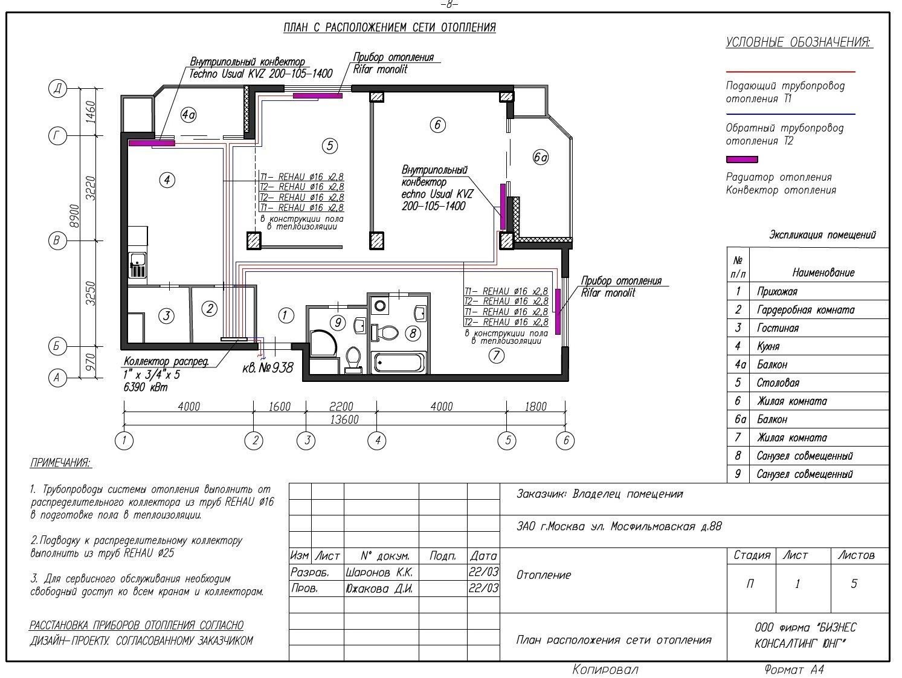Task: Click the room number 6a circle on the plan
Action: (540, 157)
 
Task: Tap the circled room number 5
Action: (330, 146)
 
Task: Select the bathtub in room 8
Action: (399, 363)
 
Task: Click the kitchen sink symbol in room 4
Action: (138, 265)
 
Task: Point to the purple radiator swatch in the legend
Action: (742, 160)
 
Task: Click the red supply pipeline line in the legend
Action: (790, 72)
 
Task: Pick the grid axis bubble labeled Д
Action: (57, 88)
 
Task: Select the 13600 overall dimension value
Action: (344, 419)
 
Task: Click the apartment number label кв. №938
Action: (268, 367)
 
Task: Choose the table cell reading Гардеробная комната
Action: (805, 310)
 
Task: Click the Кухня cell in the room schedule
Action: (768, 346)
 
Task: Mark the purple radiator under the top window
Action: (318, 95)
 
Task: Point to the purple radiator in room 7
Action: (558, 311)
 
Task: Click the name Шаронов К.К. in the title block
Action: (378, 572)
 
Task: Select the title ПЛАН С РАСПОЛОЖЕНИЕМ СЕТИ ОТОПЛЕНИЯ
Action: (390, 28)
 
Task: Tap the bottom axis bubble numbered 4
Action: (377, 441)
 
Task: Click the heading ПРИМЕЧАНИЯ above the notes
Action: (60, 463)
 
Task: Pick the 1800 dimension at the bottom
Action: (535, 407)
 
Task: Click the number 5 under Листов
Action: (854, 584)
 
